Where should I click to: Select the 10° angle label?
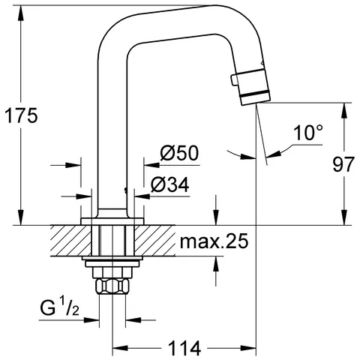click(x=308, y=133)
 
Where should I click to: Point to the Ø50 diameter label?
click(x=178, y=154)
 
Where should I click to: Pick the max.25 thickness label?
click(x=213, y=241)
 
